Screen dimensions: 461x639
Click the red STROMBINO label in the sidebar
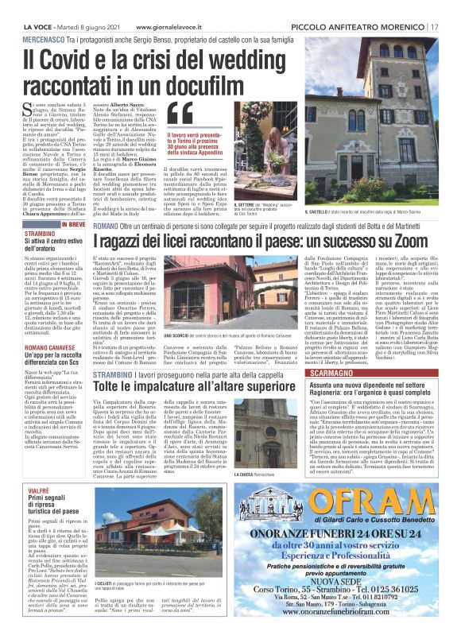pos(40,234)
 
